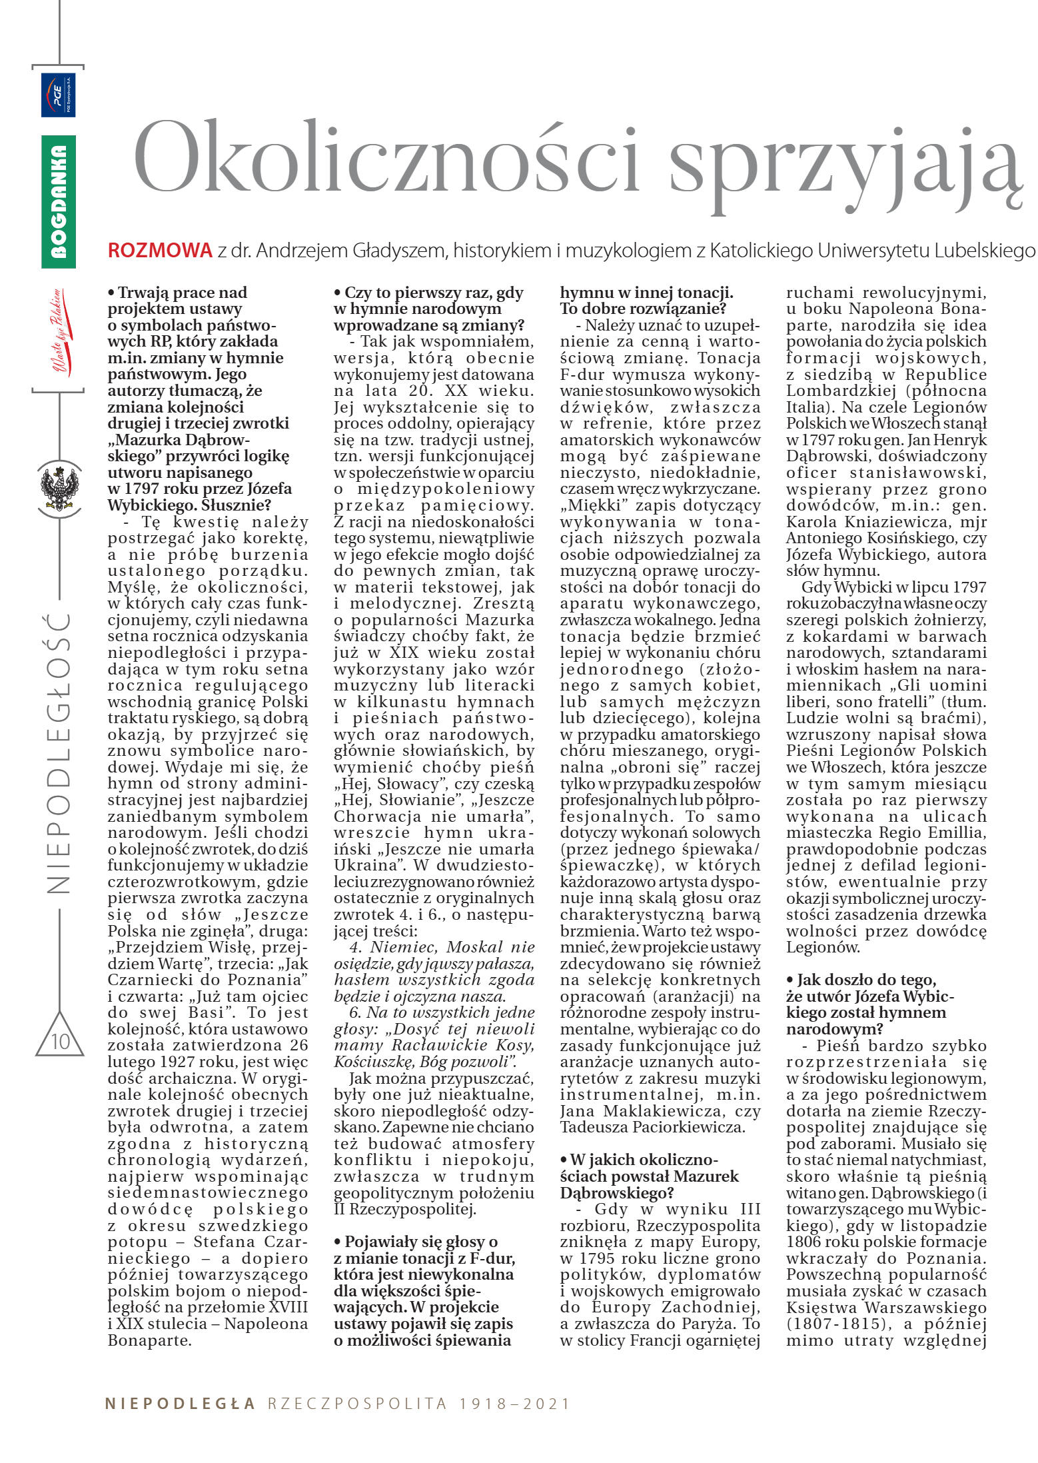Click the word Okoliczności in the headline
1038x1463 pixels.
click(x=386, y=157)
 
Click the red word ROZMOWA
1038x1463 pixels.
click(x=160, y=251)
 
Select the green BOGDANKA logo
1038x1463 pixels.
click(x=59, y=201)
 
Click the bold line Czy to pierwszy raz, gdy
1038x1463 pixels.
click(x=429, y=293)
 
